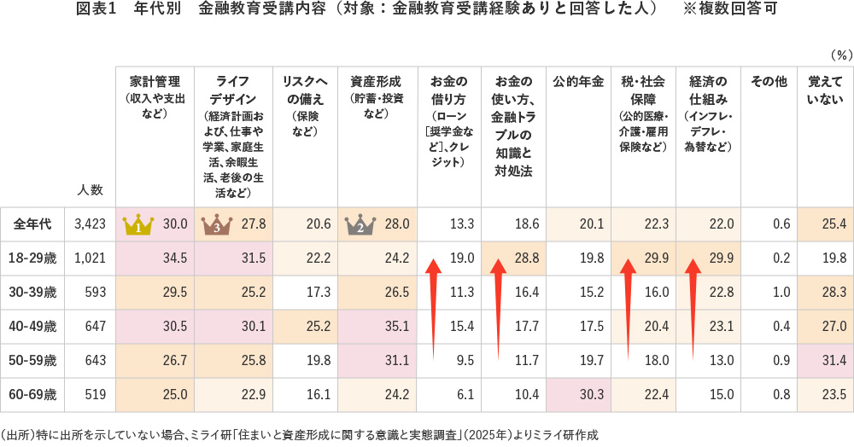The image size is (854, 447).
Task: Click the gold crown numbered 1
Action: click(x=138, y=225)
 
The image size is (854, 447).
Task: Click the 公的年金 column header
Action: click(x=578, y=83)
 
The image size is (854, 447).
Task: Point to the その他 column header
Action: click(x=769, y=83)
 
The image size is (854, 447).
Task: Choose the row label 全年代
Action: click(x=32, y=224)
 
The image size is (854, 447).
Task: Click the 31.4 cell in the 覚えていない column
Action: click(x=832, y=361)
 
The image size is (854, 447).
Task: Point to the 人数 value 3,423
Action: click(x=90, y=224)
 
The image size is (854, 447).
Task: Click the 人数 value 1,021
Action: click(x=90, y=258)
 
